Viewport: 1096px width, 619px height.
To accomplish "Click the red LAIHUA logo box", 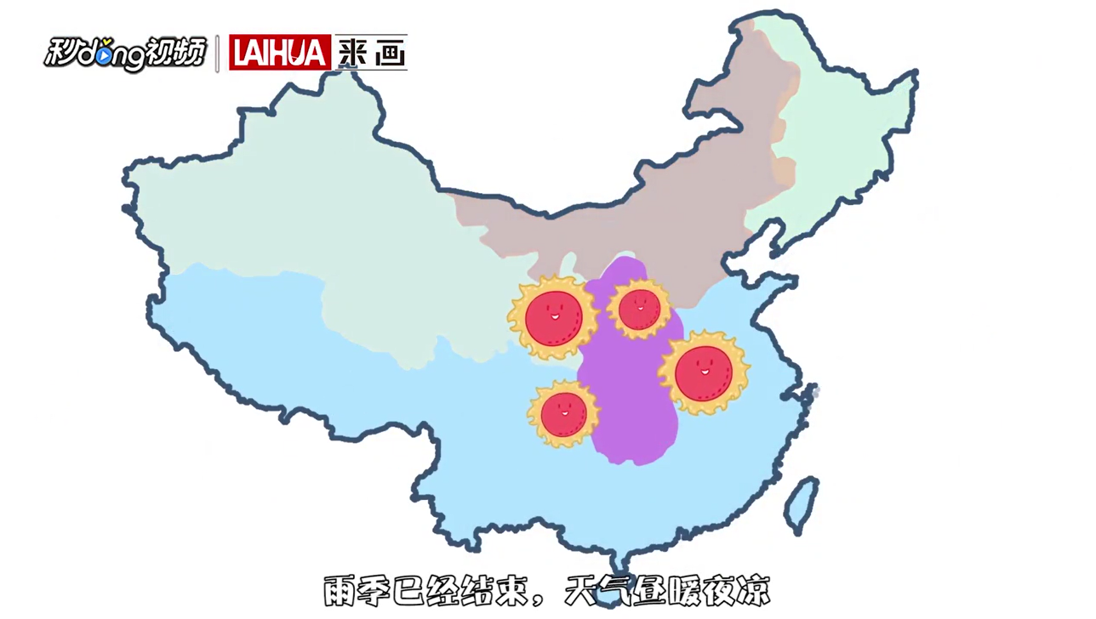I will (x=279, y=53).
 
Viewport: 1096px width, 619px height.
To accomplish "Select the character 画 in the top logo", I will (x=390, y=54).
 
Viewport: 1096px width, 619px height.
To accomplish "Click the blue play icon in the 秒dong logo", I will (x=103, y=56).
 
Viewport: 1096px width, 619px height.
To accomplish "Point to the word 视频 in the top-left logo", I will (x=177, y=53).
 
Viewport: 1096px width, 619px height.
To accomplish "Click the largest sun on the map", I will (x=704, y=373).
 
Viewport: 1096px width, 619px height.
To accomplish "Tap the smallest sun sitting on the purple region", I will (x=639, y=309).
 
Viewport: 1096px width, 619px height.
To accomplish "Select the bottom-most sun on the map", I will (x=563, y=414).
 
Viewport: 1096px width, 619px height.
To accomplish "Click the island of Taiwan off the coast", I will (x=801, y=503).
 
